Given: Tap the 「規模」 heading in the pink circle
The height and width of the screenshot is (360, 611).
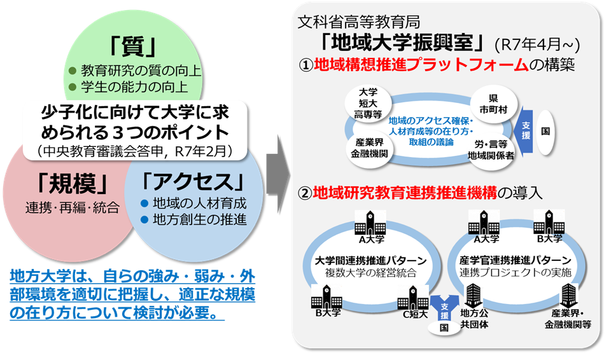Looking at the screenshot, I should pos(71,183).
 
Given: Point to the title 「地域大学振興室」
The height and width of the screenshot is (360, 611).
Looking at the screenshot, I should pos(405,43).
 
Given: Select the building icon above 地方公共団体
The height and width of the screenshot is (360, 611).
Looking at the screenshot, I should pos(474,294).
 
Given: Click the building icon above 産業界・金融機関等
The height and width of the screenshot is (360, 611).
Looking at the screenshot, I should pos(568,294).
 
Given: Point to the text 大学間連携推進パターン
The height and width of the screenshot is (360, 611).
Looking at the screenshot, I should pos(370,260).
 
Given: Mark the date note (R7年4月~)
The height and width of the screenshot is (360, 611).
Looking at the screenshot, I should pos(537,44).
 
